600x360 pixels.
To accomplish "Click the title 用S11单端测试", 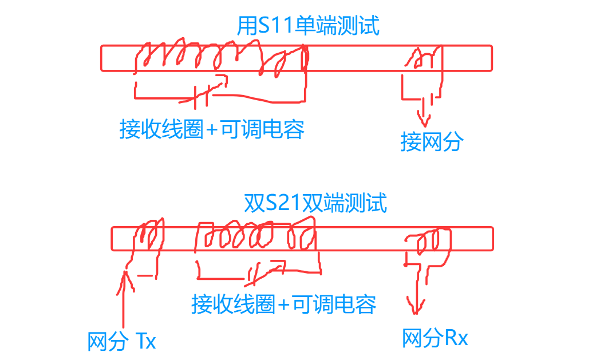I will (308, 26).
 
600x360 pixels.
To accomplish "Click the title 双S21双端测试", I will (315, 203).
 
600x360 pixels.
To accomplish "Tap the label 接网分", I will (431, 142).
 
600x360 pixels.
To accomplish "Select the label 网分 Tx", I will (122, 342).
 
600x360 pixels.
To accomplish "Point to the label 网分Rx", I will (435, 338).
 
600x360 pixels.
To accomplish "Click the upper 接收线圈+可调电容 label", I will (212, 129).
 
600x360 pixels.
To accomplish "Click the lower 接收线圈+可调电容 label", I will (284, 304).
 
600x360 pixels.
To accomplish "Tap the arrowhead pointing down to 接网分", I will (424, 121).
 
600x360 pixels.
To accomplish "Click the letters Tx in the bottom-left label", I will (146, 342).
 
